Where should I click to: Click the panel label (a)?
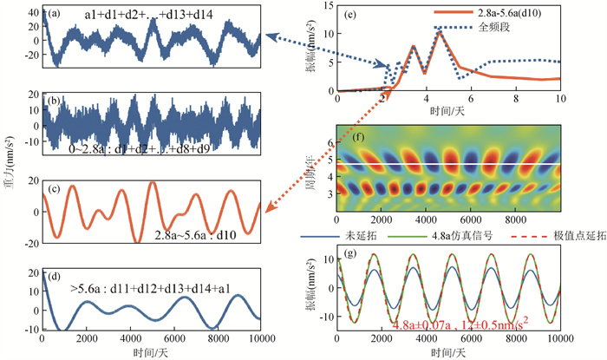click(x=55, y=13)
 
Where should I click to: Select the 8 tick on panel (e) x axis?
click(x=516, y=100)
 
